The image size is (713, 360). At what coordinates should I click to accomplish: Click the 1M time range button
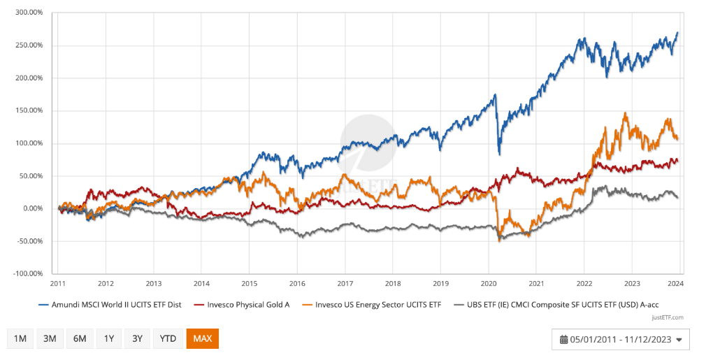tap(20, 338)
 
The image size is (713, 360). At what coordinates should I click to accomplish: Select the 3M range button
tap(50, 338)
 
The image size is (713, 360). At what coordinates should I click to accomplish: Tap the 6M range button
tap(80, 338)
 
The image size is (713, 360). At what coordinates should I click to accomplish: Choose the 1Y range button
tap(109, 338)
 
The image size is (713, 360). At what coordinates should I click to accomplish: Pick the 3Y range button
tap(137, 338)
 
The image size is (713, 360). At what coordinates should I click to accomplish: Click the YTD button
tap(168, 338)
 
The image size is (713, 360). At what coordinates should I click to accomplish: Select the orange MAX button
tap(202, 338)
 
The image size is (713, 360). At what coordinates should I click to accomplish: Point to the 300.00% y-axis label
tap(29, 13)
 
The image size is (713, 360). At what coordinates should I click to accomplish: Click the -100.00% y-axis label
tap(28, 274)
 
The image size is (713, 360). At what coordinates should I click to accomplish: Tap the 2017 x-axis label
tap(345, 285)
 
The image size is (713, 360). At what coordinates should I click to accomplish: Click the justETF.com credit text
tap(668, 317)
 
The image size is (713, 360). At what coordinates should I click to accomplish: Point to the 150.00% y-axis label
tap(29, 110)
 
